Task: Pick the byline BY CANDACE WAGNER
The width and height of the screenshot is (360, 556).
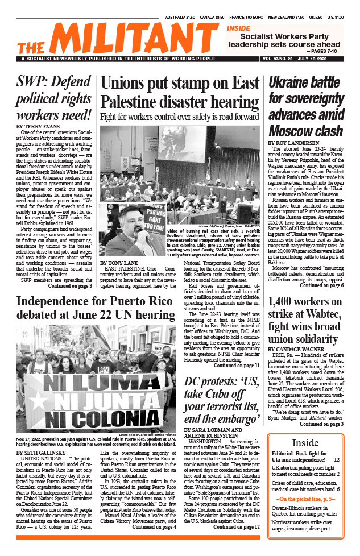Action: click(x=299, y=348)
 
